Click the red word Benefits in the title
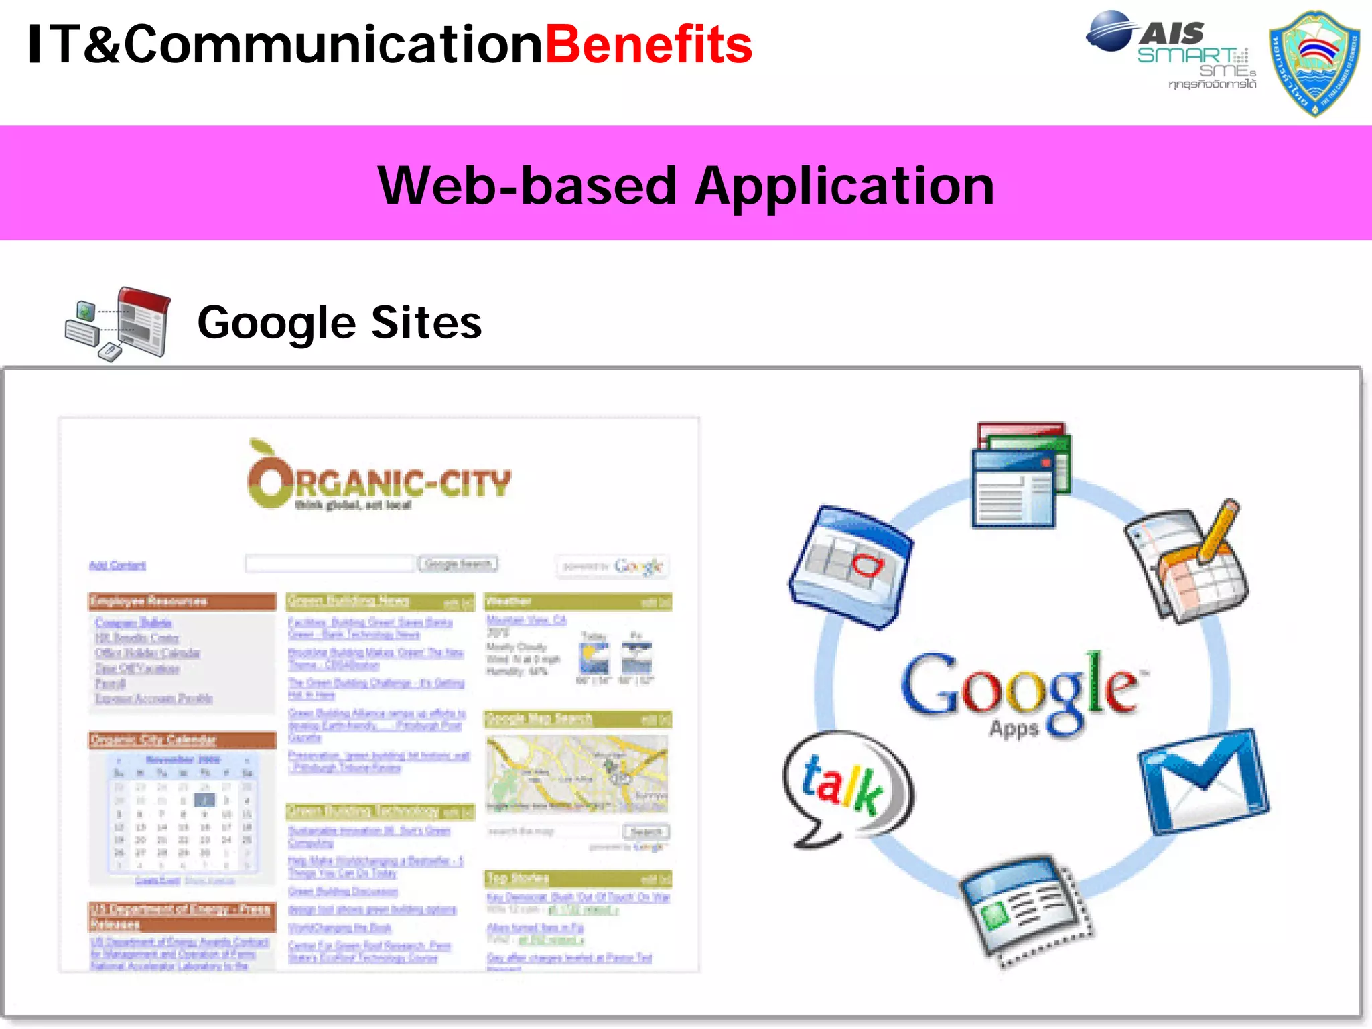[x=648, y=46]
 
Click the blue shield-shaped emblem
[x=1314, y=63]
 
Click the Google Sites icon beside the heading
[x=119, y=323]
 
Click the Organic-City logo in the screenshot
[x=379, y=478]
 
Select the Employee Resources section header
[x=182, y=601]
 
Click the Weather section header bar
[x=577, y=601]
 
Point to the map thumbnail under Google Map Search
[x=577, y=773]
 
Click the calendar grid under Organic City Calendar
[x=182, y=813]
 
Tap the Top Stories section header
[x=577, y=878]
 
